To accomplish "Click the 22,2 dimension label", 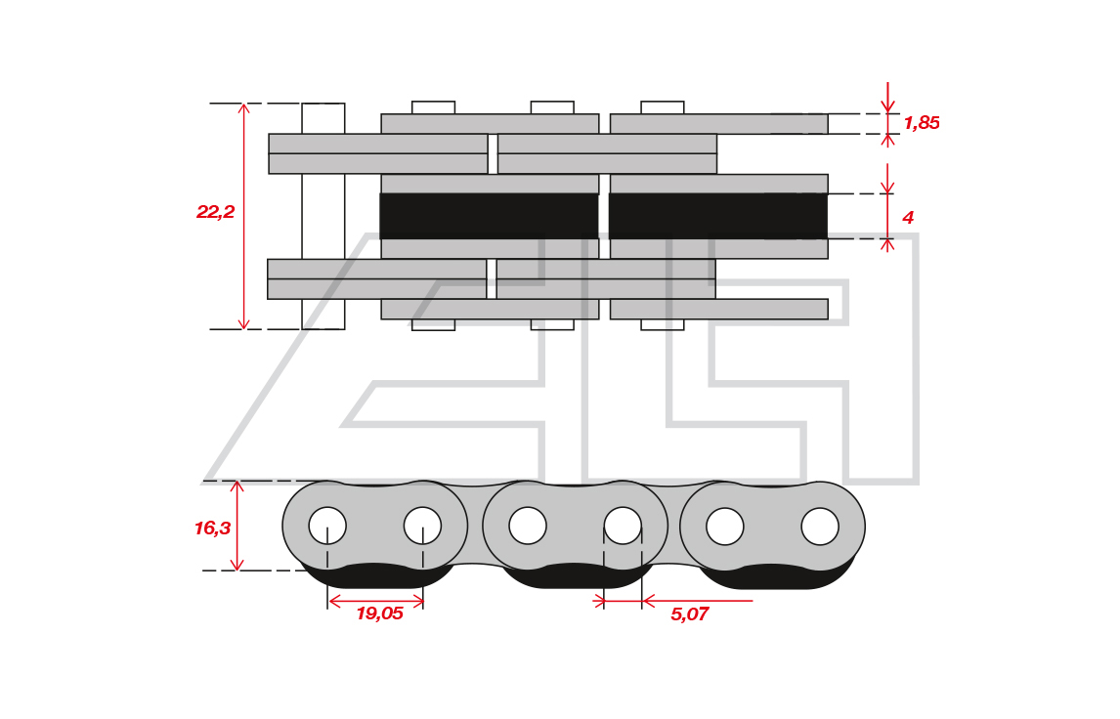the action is [x=215, y=212].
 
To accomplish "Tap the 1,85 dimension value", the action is [x=922, y=123].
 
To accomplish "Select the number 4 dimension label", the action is [x=908, y=218].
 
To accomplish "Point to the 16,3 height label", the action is [x=212, y=529].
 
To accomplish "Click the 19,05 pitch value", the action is [x=379, y=613].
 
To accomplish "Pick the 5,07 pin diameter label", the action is [x=689, y=614].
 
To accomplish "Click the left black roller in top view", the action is [x=489, y=216].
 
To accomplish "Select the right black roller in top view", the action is [x=718, y=216].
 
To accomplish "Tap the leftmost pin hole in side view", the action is [x=327, y=526].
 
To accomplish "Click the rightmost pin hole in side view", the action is [x=820, y=527].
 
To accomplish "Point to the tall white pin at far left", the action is [x=323, y=216].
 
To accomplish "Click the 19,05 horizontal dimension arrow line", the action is [x=375, y=601].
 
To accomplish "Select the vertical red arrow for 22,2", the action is [x=243, y=216].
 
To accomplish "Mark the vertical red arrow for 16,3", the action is [x=237, y=527].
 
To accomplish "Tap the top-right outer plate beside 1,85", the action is [x=718, y=123].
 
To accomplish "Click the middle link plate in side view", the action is [x=575, y=527].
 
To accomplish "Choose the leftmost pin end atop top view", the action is [x=433, y=107].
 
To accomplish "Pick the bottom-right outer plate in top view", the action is [x=718, y=309].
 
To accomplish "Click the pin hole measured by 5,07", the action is [x=623, y=526].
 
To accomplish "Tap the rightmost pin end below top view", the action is [x=663, y=324].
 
